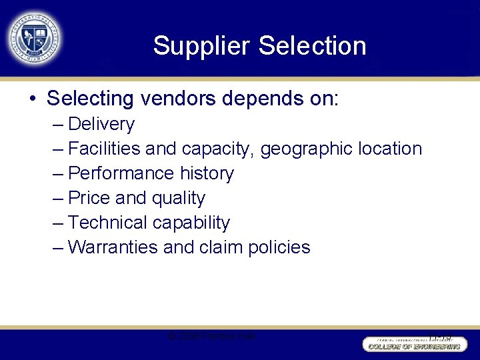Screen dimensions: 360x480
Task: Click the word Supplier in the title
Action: (201, 46)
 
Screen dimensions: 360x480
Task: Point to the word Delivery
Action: (101, 124)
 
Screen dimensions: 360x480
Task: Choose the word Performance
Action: (121, 173)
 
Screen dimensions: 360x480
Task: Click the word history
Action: (207, 173)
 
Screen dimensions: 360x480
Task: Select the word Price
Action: (89, 198)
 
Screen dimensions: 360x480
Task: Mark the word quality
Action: (179, 199)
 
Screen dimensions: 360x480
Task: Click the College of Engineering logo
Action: (413, 344)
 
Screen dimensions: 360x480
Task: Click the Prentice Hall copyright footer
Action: (211, 337)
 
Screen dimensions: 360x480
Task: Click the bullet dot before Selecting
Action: (32, 99)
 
